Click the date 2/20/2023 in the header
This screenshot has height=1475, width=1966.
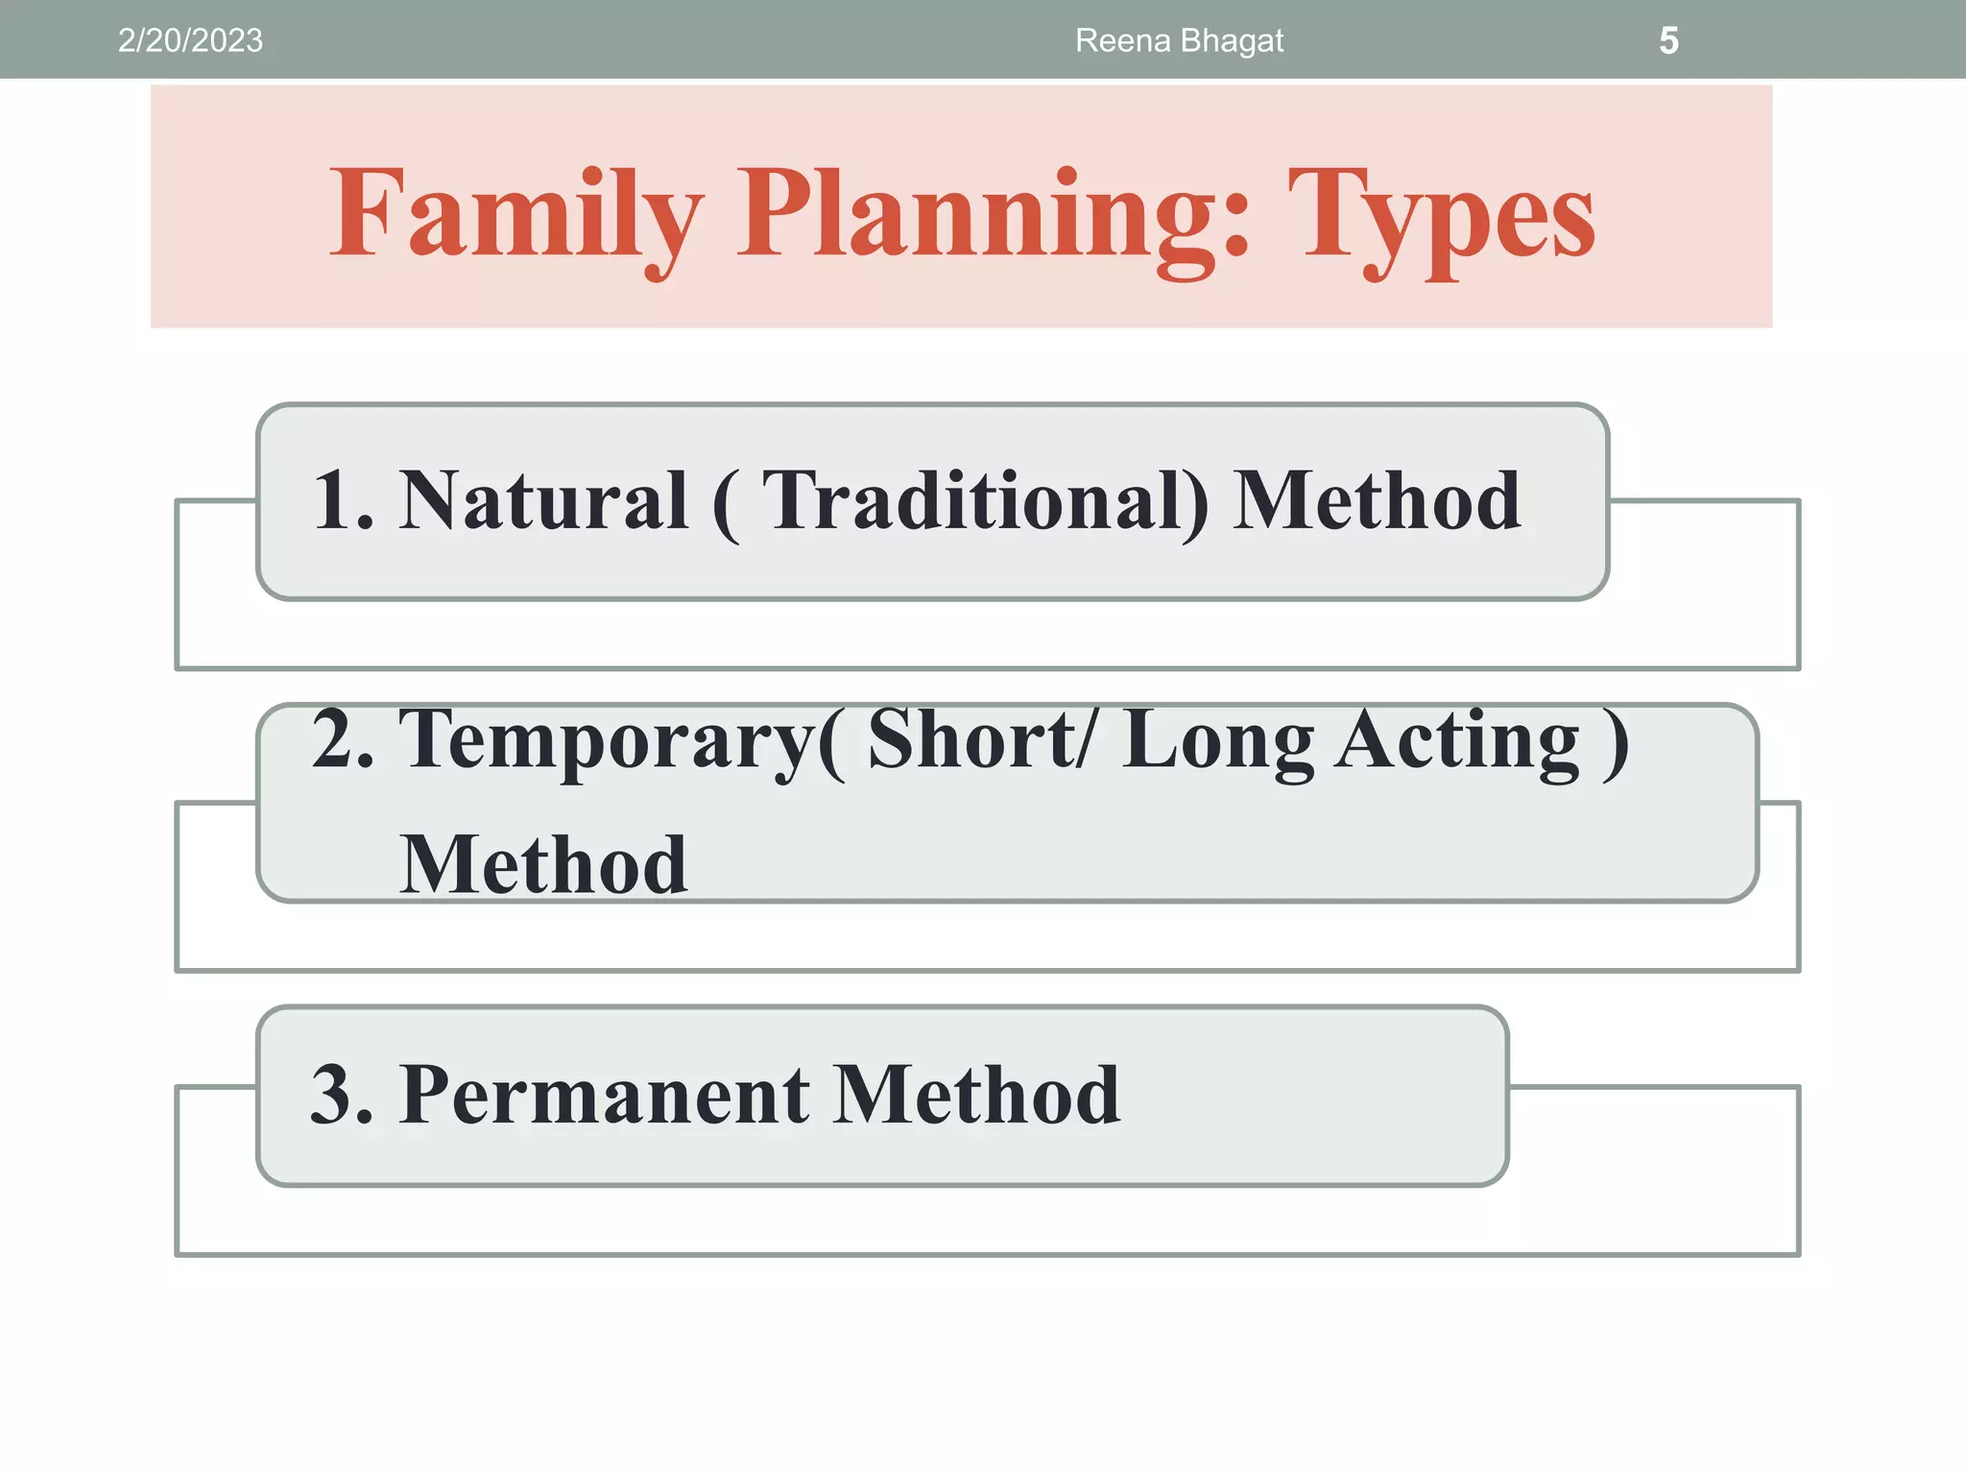point(190,40)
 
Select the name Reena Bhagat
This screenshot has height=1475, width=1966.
point(1179,40)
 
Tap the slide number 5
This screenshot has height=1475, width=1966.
point(1668,40)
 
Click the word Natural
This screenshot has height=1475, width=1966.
point(543,500)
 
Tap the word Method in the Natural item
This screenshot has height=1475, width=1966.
point(1377,500)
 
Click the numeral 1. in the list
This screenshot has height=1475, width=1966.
point(343,500)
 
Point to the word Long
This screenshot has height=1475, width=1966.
point(1218,740)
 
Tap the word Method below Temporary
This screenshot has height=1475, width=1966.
point(543,864)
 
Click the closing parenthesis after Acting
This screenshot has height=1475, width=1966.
point(1616,740)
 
